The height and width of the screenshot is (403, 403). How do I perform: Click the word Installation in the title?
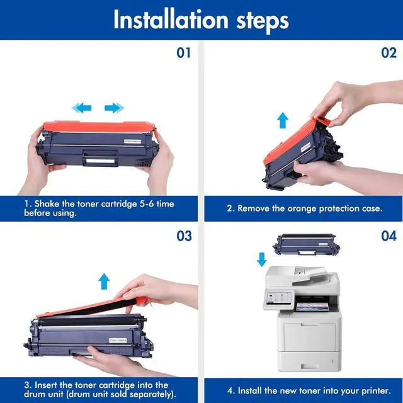coord(171,20)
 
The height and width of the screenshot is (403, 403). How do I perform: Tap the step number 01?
coord(183,53)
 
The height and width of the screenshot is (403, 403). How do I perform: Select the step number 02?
coord(389,53)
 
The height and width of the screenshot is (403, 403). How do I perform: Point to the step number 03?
coord(184,236)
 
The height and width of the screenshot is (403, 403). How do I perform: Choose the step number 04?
coord(389,236)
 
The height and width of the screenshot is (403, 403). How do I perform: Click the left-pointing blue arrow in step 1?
coord(82,108)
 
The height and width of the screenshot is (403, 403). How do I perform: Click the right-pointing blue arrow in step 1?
coord(114,108)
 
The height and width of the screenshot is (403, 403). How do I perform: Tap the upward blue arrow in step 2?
coord(283,120)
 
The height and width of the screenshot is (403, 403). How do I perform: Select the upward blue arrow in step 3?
coord(104,281)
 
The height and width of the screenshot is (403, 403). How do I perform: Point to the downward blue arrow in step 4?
coord(262,259)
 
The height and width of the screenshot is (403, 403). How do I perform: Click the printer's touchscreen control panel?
coord(278,299)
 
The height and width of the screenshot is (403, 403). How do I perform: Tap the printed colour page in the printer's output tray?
coord(312,307)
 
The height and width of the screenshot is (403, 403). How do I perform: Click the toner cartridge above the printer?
coord(306,244)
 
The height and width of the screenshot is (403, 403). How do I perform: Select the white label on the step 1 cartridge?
coord(133,141)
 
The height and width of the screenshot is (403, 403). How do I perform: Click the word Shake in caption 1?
coord(47,204)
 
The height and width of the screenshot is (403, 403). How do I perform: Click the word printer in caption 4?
coord(375,391)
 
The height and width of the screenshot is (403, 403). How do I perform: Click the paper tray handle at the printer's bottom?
coord(309,366)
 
